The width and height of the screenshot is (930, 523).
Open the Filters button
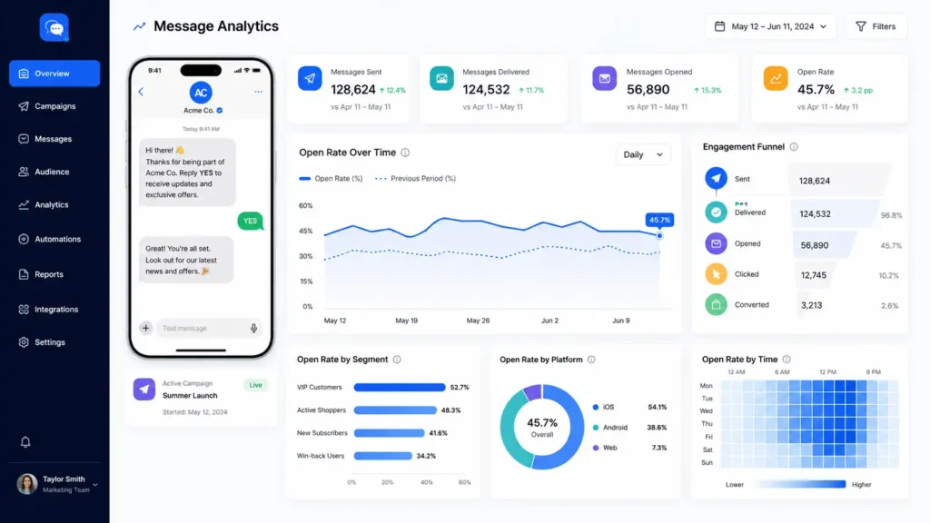(x=876, y=26)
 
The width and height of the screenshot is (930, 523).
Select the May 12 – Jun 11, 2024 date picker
(x=770, y=26)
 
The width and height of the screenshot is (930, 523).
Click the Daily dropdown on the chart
(x=643, y=154)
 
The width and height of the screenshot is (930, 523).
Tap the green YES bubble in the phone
(x=251, y=221)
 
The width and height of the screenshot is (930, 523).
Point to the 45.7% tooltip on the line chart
(x=659, y=220)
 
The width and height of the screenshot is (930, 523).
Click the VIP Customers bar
(x=400, y=387)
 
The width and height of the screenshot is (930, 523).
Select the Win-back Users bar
(x=382, y=456)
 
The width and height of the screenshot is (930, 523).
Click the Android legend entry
(x=610, y=428)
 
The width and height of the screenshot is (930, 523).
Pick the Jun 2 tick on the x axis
(x=549, y=321)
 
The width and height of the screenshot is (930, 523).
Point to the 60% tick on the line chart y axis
(x=305, y=206)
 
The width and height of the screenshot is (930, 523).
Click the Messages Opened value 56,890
(x=648, y=90)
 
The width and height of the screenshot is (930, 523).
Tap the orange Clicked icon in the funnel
(x=716, y=274)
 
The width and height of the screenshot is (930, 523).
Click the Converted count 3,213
(x=811, y=305)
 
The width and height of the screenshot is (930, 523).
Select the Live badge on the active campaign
(x=255, y=385)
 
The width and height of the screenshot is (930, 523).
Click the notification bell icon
(x=25, y=442)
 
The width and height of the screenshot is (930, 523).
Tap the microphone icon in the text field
(x=254, y=328)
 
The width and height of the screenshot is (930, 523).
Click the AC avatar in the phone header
(x=201, y=93)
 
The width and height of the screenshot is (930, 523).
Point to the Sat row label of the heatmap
(x=707, y=450)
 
